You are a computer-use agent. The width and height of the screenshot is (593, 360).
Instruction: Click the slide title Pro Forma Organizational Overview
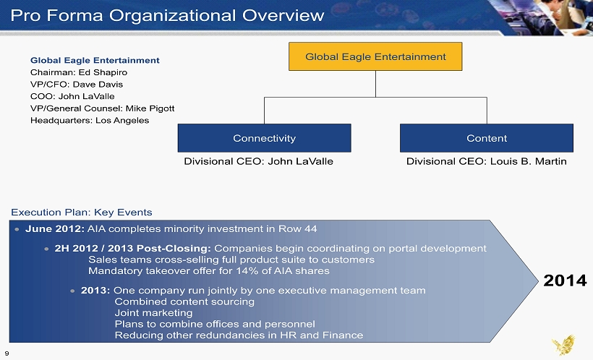click(x=167, y=15)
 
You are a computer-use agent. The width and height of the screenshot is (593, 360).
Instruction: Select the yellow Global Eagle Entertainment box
click(x=375, y=56)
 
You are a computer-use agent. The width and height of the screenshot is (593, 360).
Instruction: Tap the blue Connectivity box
click(x=265, y=138)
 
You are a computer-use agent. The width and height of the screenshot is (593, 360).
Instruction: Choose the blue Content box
click(x=487, y=138)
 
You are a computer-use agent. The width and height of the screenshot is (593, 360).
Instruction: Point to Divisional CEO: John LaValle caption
click(x=258, y=161)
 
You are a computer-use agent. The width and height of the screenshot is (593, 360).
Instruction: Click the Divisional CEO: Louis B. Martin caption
click(x=487, y=161)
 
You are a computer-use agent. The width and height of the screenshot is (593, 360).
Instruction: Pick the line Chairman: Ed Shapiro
click(x=79, y=72)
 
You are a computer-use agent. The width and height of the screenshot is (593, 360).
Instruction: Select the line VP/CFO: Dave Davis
click(x=77, y=85)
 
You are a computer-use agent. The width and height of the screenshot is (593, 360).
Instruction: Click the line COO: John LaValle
click(x=72, y=96)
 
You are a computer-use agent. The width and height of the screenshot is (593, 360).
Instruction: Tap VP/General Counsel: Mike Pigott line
click(x=102, y=108)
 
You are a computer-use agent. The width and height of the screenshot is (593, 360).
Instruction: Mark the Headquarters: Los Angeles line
click(x=90, y=120)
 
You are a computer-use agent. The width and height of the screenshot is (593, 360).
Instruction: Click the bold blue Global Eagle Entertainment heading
click(x=95, y=60)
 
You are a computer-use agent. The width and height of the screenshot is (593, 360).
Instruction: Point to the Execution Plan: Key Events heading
click(x=81, y=212)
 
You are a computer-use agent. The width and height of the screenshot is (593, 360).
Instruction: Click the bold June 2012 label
click(x=55, y=228)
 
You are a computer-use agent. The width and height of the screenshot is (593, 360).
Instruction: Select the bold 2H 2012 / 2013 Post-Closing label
click(x=133, y=249)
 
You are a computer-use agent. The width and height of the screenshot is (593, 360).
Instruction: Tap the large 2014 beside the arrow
click(x=565, y=280)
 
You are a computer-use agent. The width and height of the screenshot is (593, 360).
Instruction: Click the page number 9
click(x=7, y=353)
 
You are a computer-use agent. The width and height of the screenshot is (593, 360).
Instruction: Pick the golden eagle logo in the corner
click(x=563, y=345)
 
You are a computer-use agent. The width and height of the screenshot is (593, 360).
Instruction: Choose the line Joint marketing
click(x=153, y=313)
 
